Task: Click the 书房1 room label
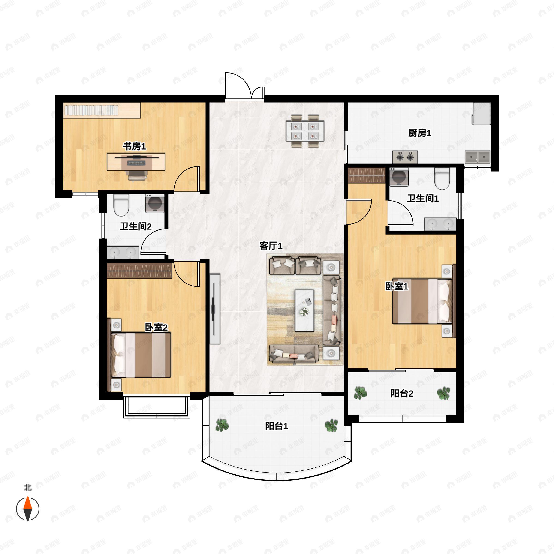[135, 146]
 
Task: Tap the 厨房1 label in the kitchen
[420, 133]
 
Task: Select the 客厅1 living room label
[271, 246]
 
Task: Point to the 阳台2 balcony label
[402, 393]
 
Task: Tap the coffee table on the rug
[304, 310]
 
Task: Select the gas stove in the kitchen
[405, 157]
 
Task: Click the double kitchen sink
[477, 157]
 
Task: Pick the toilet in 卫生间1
[442, 178]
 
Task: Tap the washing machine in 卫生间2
[155, 203]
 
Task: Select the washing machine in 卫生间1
[399, 177]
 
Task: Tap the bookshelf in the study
[102, 110]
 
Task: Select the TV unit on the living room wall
[215, 309]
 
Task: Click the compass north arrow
[27, 509]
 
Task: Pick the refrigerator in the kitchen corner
[482, 114]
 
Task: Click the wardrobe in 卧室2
[139, 271]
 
